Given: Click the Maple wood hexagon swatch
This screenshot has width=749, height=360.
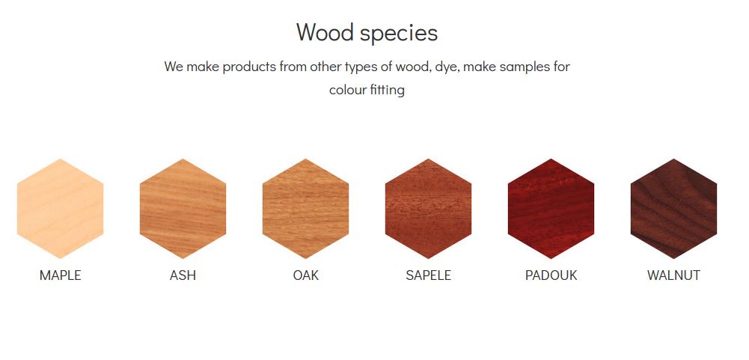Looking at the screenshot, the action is point(60,209).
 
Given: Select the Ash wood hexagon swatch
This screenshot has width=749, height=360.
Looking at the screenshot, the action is point(183,209).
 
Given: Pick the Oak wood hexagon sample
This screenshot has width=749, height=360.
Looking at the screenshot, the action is point(306,209).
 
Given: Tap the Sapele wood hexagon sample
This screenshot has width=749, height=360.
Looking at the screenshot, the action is point(429,209).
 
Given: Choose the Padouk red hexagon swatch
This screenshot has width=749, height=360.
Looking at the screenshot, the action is point(551,209).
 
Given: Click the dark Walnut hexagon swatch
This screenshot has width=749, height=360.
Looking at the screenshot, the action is point(674,209).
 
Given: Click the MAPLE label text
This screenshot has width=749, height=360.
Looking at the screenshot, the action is point(60,275).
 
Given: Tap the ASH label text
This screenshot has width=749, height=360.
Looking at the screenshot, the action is point(183,275).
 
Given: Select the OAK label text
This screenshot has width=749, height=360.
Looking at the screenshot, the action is point(306,275).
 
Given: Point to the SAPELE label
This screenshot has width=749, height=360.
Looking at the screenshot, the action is point(429,275).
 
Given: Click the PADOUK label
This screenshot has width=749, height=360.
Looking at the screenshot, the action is point(551,275).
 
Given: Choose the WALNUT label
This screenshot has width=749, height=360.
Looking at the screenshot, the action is point(674,275).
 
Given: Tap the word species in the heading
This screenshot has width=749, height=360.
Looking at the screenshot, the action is point(399,34).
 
